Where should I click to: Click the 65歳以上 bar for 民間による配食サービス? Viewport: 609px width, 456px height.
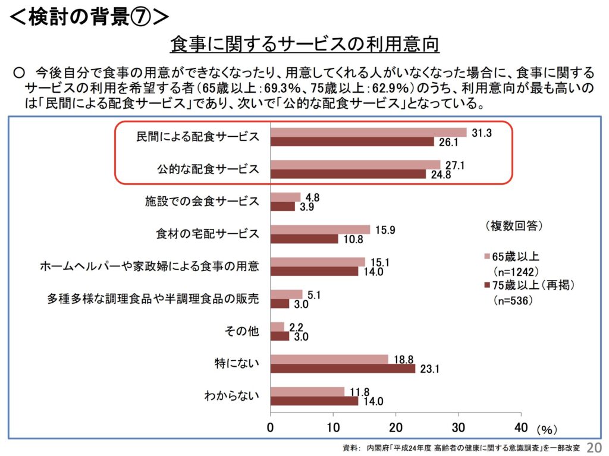coord(369,132)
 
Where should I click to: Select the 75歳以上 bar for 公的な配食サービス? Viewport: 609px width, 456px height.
coord(349,174)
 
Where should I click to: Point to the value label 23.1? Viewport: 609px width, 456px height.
coord(429,369)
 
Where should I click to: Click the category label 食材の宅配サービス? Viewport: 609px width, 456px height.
coord(204,234)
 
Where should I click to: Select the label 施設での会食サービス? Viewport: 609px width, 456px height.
coord(202,201)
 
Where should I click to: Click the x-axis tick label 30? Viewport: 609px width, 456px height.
coord(458,427)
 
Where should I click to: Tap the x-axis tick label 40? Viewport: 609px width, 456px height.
coord(520,427)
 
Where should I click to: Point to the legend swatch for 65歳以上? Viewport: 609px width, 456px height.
coord(486,257)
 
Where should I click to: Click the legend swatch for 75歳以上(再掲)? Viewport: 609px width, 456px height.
coord(486,286)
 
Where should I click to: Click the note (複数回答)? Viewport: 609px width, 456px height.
coord(512,226)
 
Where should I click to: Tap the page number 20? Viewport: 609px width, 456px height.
coord(594,446)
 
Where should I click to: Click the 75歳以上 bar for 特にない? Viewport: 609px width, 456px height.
coord(343,369)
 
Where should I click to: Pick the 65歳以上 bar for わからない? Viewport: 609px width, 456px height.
coord(307,391)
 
